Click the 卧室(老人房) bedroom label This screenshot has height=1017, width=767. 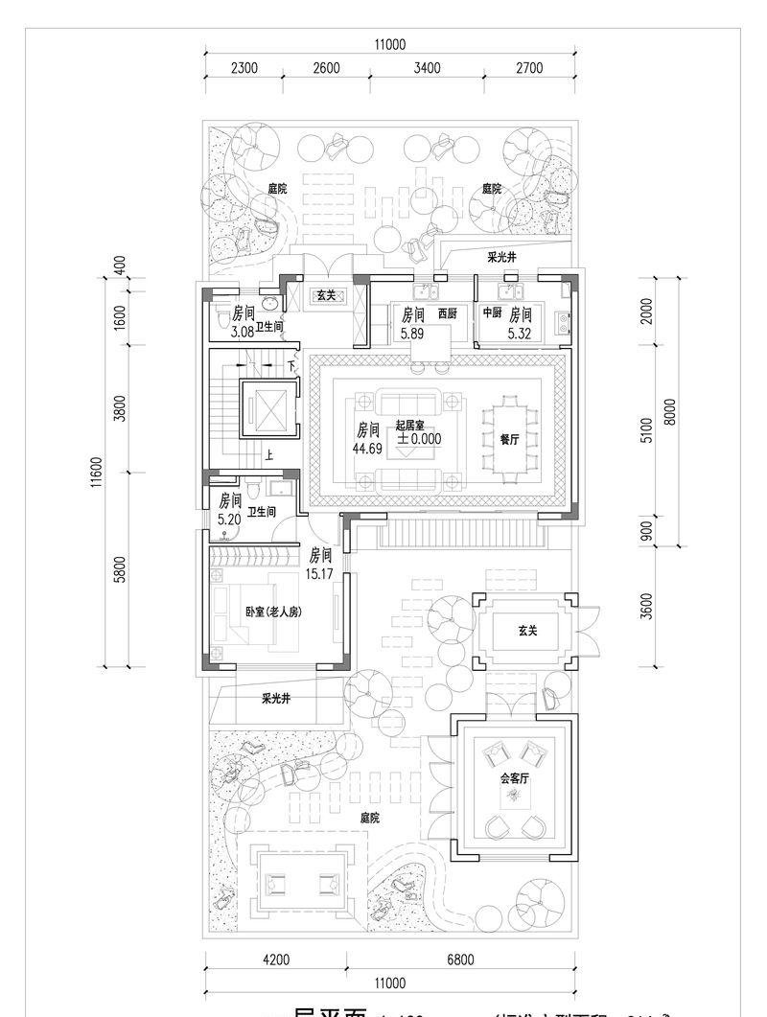(x=273, y=612)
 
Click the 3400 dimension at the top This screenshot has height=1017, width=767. (x=427, y=67)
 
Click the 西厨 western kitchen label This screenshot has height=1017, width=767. (x=448, y=313)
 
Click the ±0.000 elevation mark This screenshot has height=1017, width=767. (x=419, y=438)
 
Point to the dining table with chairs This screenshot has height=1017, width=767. (x=508, y=439)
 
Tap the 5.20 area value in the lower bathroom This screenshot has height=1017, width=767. (x=229, y=519)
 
